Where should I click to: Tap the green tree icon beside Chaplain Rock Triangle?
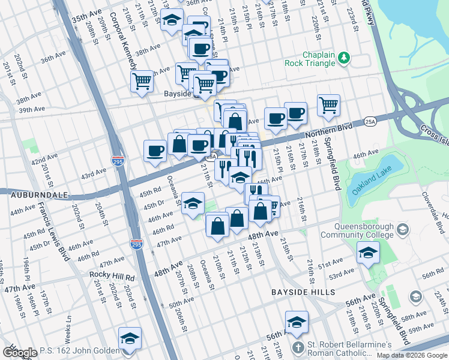click(344, 58)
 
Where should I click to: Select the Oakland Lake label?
click(373, 181)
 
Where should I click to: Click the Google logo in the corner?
click(20, 353)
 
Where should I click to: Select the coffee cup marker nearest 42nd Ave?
click(155, 151)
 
